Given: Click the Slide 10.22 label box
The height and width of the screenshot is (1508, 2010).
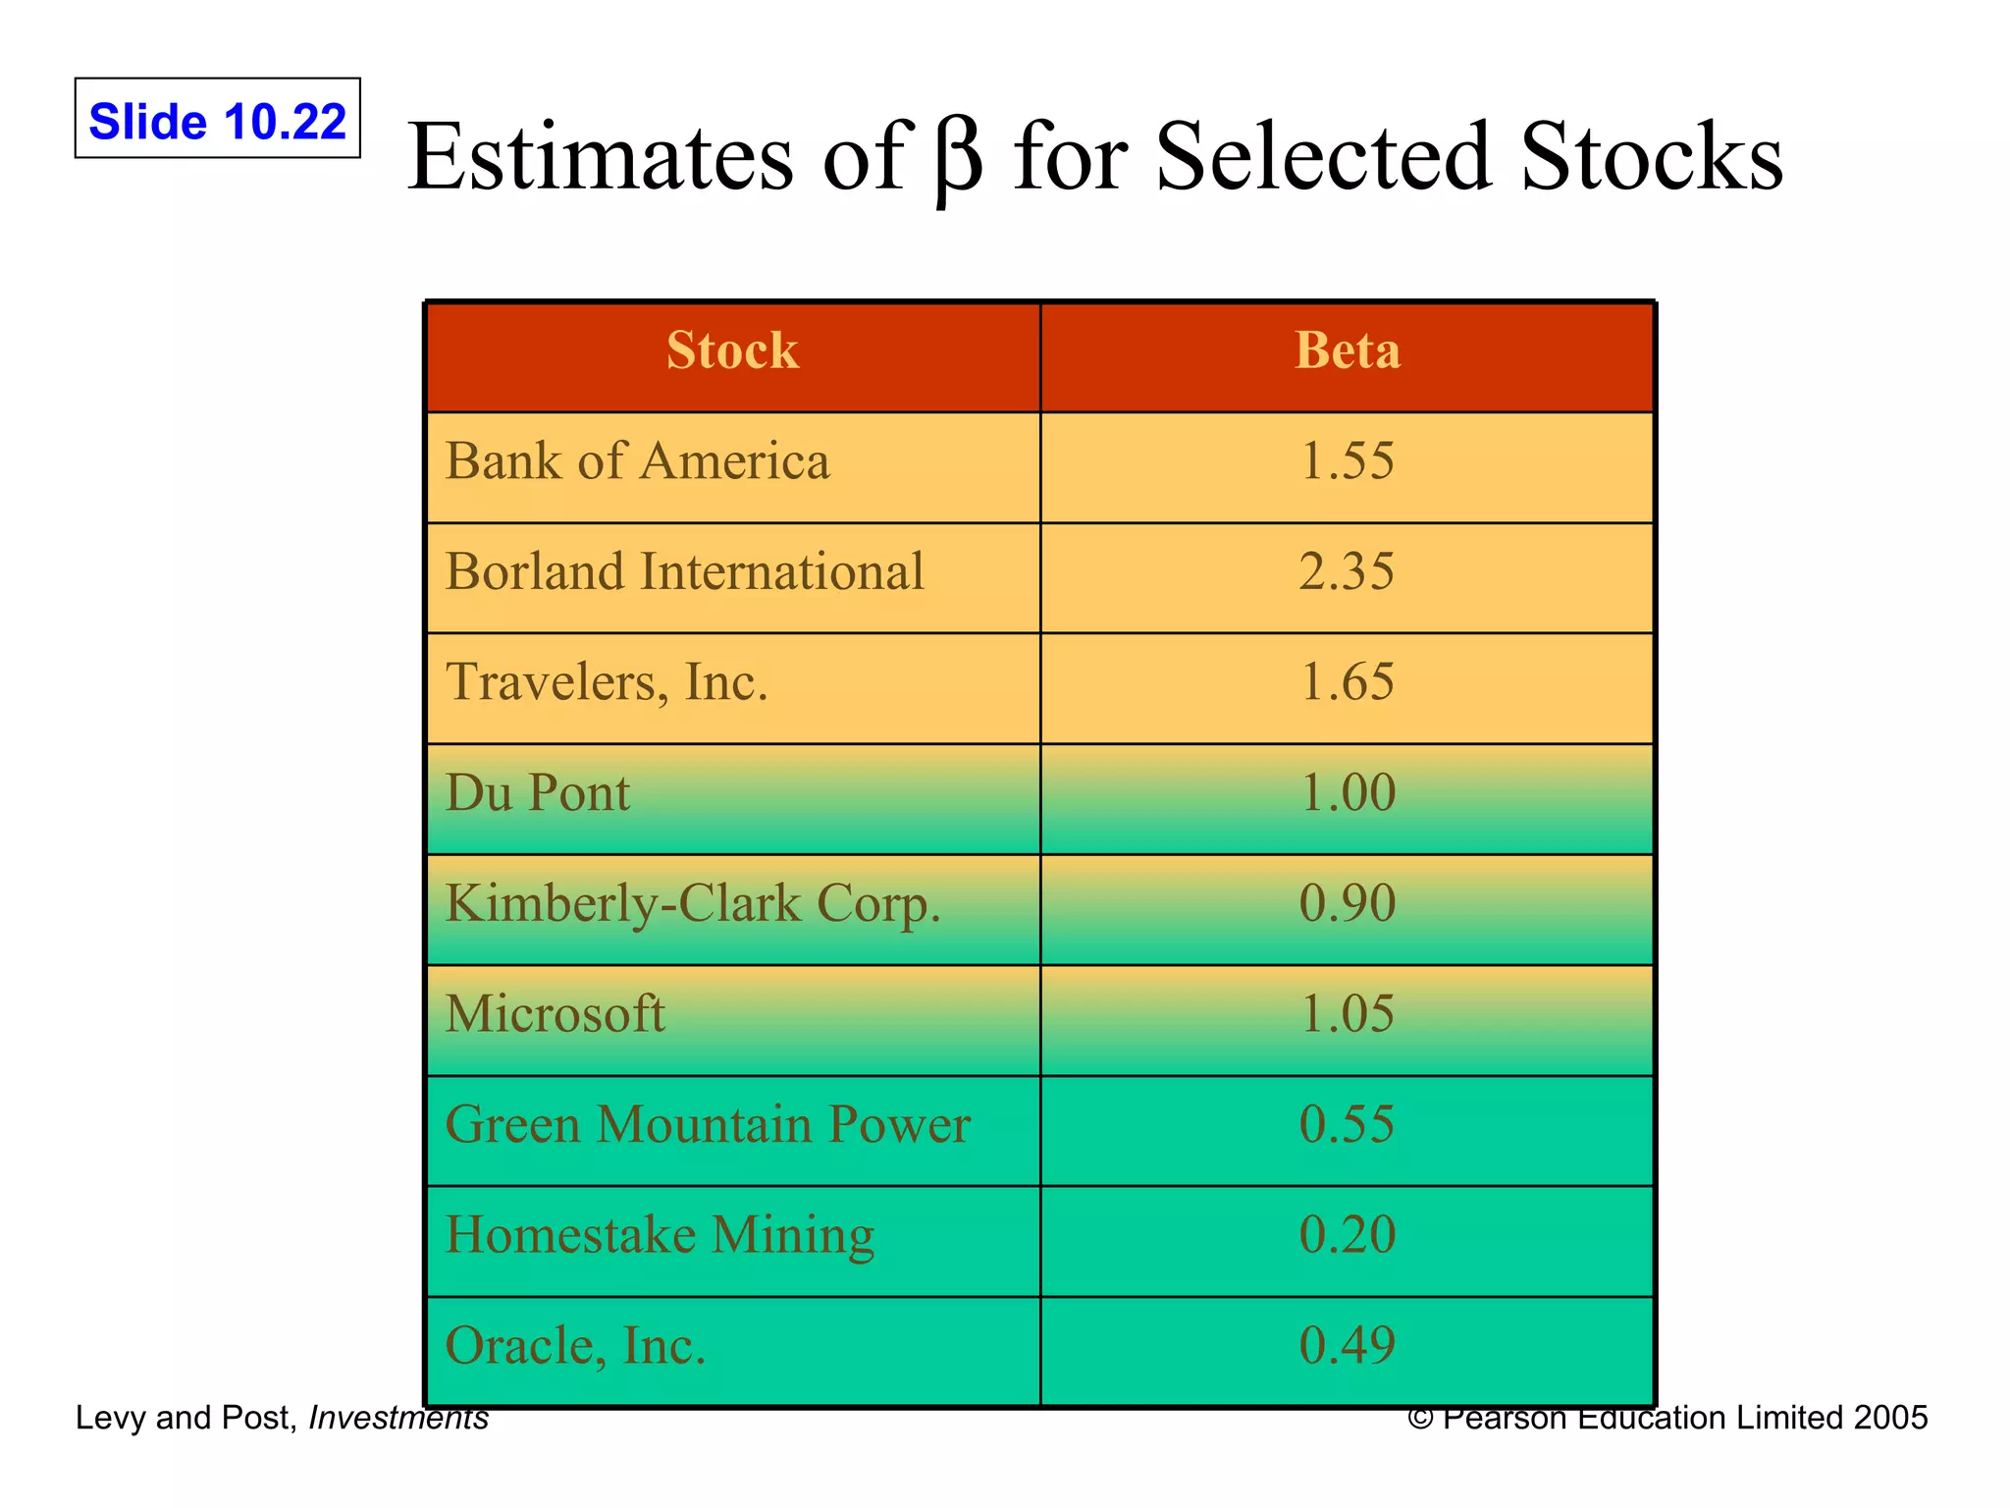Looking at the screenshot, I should pos(217,119).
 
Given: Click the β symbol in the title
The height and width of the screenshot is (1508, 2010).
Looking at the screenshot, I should pos(958,159).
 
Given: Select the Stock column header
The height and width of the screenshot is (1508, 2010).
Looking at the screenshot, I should pos(732,350).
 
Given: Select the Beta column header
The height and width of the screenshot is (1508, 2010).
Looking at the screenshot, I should pos(1347,350).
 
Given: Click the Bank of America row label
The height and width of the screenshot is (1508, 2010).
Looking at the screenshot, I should pos(637,461).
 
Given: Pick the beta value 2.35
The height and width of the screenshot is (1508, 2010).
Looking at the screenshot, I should pos(1346,571).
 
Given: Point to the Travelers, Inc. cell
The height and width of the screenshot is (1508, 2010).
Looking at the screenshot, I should pos(607,682).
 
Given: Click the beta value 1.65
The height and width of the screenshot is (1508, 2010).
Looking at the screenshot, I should pos(1346,682).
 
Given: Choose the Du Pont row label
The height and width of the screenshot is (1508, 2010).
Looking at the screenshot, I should pos(537,793).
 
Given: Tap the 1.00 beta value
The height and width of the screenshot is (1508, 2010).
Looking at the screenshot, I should pos(1347,793).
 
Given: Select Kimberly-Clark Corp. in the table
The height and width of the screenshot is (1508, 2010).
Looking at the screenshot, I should pos(693,904).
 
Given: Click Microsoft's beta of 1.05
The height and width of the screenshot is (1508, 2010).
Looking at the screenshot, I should pos(1346,1014).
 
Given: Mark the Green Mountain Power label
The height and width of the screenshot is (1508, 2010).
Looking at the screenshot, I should pos(708,1125).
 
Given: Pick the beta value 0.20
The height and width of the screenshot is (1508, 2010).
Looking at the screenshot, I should pos(1347,1235).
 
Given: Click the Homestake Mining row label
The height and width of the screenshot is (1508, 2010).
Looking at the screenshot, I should pos(660,1235).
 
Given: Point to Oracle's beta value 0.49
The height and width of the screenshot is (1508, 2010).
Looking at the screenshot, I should pos(1347,1346).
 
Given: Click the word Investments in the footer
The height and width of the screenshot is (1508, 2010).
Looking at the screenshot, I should pos(398,1418).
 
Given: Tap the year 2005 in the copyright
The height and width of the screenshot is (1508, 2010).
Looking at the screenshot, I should pos(1890,1418).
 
